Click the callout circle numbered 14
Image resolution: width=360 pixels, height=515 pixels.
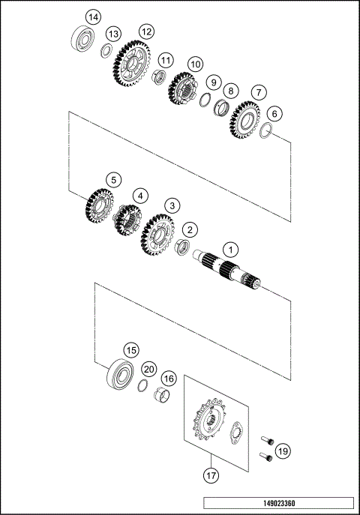92,16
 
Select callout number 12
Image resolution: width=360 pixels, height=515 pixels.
145,31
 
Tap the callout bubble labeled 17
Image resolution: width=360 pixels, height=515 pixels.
211,474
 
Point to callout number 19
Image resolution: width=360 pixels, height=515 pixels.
282,451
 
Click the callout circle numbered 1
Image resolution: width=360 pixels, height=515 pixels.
232,249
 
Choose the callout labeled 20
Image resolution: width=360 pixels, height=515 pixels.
149,369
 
